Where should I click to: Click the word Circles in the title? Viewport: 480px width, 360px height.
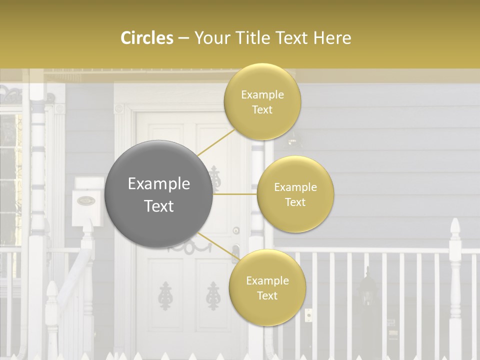(x=146, y=38)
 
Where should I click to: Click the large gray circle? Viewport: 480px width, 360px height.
(x=159, y=194)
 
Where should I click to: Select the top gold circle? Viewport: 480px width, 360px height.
(x=262, y=102)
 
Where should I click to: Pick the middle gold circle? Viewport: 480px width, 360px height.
(x=295, y=194)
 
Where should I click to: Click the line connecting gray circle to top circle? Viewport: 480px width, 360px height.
(x=216, y=141)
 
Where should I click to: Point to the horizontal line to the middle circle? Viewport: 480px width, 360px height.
(x=235, y=194)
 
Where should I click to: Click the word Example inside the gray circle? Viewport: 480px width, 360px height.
(x=159, y=184)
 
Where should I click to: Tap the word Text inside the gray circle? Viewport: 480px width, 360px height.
(x=159, y=206)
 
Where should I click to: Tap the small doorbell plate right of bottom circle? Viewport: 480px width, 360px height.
(x=308, y=315)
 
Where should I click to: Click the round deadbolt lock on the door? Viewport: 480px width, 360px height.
(x=236, y=230)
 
